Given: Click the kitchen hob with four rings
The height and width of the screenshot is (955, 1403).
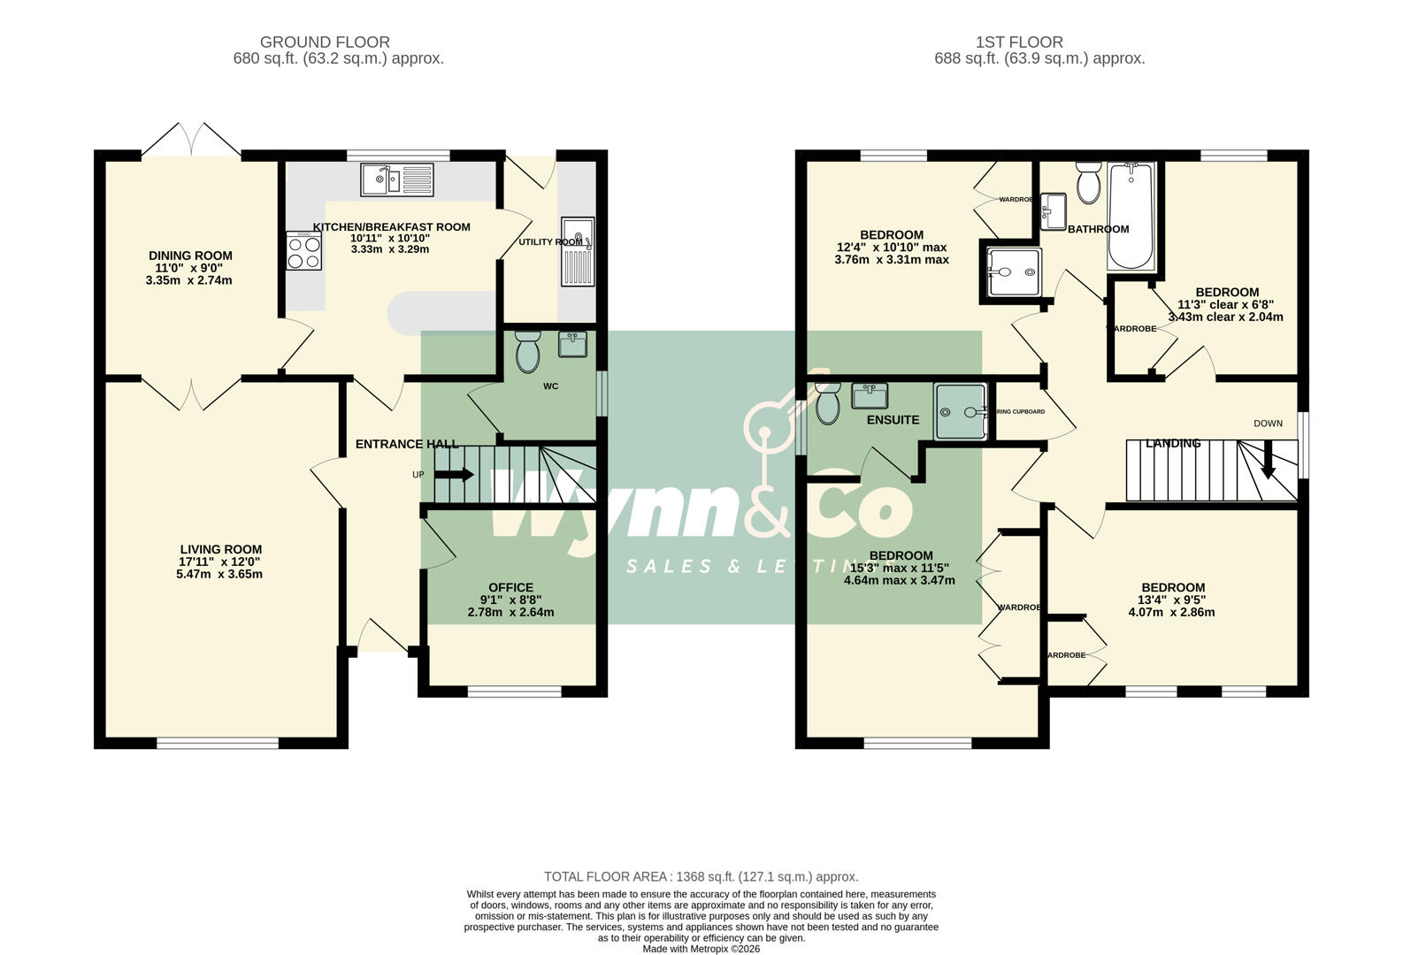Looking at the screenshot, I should (x=303, y=250).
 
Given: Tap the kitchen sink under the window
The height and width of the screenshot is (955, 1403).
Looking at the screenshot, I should (x=397, y=180).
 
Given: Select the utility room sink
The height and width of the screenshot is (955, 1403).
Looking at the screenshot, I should (x=578, y=251).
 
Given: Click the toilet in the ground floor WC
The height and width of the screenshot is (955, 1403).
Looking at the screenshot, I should (x=527, y=352).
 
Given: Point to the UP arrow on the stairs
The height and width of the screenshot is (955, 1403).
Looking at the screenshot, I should (x=454, y=475).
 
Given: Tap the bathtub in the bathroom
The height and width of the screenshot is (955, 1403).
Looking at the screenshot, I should (x=1131, y=216).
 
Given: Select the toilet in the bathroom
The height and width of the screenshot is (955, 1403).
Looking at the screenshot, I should (x=1088, y=183).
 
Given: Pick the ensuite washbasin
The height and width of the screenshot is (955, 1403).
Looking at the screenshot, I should (x=870, y=394).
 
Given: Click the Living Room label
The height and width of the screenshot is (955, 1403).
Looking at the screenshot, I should (x=220, y=549).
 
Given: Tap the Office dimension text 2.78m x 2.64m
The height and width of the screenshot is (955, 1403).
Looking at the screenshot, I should (x=510, y=612).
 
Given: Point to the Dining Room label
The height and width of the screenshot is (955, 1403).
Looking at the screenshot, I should (x=190, y=256).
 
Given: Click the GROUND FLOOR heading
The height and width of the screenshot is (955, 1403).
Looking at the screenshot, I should (x=325, y=42).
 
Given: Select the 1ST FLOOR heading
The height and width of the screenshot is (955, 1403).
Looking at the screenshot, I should (x=1019, y=42).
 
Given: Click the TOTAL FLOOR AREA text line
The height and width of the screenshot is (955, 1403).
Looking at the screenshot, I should (x=701, y=876).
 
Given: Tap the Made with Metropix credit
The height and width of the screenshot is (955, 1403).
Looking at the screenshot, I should (x=701, y=949).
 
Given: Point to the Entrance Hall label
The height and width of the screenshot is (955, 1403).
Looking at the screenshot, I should (x=407, y=444).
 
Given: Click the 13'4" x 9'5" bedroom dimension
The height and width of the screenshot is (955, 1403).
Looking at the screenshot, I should (x=1172, y=600).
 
